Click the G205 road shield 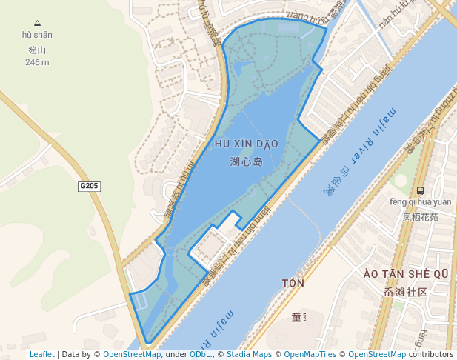(x=90, y=186)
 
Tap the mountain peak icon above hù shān (x=37, y=22)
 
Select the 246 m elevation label (x=37, y=62)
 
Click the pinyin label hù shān (x=37, y=35)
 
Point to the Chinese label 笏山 (x=37, y=50)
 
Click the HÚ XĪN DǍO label (x=247, y=143)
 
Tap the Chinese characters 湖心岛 (x=247, y=161)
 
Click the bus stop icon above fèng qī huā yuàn (x=421, y=190)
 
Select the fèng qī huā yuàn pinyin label (x=419, y=201)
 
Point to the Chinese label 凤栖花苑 (x=420, y=218)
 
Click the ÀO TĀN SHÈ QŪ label (x=406, y=275)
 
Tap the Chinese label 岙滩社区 (x=406, y=292)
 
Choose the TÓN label (x=293, y=283)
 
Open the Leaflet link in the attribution (x=41, y=354)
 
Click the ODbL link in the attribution (x=200, y=354)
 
